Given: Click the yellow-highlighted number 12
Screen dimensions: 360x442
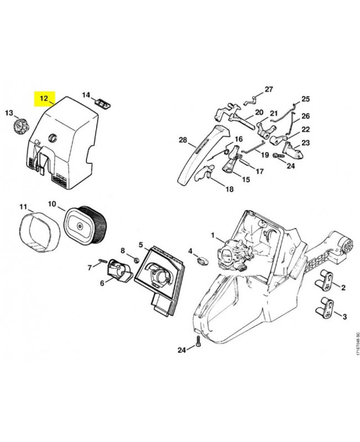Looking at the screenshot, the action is point(44,98).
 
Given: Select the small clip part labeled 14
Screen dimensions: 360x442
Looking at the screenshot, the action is point(103,103).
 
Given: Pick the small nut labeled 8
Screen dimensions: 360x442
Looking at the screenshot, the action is point(136,260).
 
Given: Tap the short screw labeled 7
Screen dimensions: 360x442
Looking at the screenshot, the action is point(103,261).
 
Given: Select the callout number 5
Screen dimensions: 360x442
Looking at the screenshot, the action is point(141,245).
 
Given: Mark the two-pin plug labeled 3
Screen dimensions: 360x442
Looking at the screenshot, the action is point(324,308).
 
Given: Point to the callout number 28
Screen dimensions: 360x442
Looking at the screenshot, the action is point(183,140).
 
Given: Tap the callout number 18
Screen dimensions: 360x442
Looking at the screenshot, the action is point(230,189).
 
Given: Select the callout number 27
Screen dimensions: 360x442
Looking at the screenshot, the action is point(269,90).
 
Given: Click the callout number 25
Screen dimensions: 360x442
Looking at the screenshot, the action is point(306,99).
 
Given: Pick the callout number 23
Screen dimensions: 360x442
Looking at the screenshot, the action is point(306,143).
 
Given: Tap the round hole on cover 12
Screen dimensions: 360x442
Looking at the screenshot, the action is point(52,138).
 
